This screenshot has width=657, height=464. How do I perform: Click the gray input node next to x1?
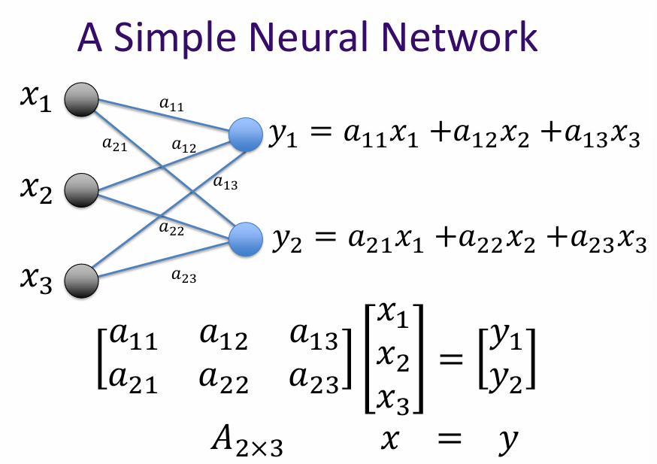point(81,101)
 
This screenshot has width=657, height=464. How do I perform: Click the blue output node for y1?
point(245,134)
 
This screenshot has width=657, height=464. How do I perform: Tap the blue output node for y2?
point(245,239)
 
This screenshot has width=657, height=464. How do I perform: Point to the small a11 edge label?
point(171,105)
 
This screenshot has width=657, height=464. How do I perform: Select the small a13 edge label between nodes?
point(225,182)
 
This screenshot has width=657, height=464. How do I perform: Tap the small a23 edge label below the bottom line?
point(183,277)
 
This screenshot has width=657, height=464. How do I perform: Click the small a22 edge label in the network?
point(171,229)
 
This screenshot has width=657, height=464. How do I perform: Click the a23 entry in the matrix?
point(315,381)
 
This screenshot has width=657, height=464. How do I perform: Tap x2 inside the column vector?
point(393,362)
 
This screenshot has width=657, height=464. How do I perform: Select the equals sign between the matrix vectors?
point(450,360)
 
